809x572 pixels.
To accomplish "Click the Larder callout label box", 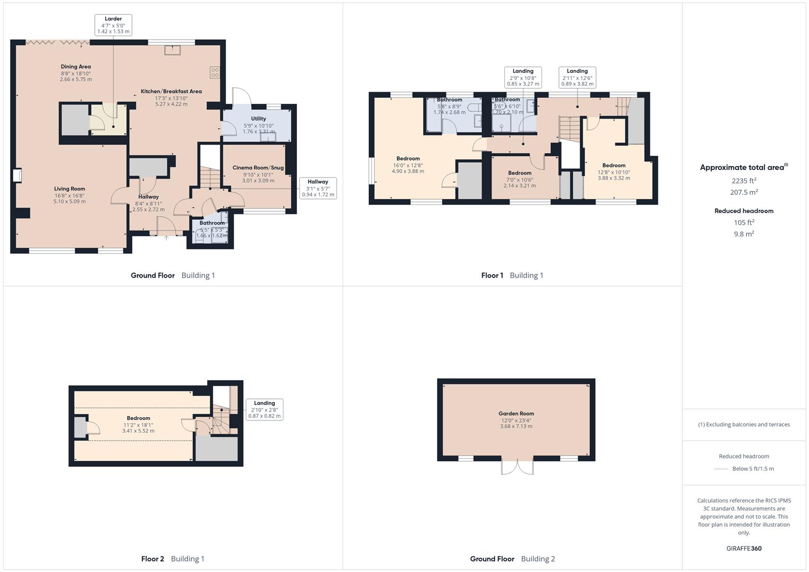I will [x=113, y=25].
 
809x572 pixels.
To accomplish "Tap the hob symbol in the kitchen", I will [x=215, y=72].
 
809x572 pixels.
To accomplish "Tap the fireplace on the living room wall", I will [x=17, y=176].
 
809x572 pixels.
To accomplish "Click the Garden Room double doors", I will [x=517, y=467].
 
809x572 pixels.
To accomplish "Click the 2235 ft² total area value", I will [x=744, y=181].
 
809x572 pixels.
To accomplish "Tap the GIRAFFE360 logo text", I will [x=744, y=548].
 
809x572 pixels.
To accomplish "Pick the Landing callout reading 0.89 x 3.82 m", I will [x=577, y=77].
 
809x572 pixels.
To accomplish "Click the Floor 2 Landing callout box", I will [x=264, y=409].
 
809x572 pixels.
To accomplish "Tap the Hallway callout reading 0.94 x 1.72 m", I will [x=318, y=188].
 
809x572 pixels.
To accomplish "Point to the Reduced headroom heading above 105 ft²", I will [x=744, y=211].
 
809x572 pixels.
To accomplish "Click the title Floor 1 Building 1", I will [x=512, y=275].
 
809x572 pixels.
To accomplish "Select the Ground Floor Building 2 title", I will [x=512, y=559].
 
